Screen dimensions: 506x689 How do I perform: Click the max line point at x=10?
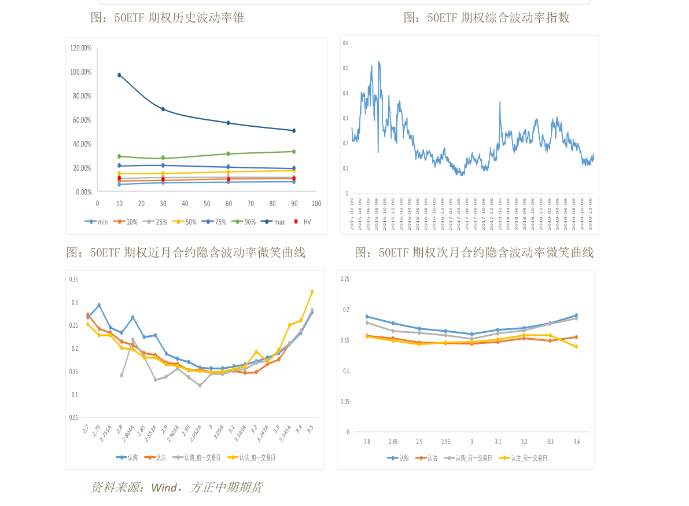[119, 75]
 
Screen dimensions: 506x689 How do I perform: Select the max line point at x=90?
[294, 130]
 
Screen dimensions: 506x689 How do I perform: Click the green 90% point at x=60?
[229, 153]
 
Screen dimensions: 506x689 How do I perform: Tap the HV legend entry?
[304, 222]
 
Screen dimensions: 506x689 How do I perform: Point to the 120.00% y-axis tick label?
[81, 48]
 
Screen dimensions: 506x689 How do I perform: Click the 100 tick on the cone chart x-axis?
[316, 204]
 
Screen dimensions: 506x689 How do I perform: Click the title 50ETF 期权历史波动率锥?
[168, 18]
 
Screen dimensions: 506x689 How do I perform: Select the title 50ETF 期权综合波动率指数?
[487, 18]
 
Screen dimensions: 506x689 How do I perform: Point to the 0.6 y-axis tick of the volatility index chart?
[345, 43]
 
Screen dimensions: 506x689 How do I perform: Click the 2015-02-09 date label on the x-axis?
[352, 215]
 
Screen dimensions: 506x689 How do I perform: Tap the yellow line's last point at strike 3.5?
[312, 292]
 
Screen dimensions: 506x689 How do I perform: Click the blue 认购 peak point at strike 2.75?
[99, 305]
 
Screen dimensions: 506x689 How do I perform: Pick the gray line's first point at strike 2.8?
[121, 375]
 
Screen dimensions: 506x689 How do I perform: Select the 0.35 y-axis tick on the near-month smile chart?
[73, 280]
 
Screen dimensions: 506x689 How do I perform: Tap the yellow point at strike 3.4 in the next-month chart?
[576, 347]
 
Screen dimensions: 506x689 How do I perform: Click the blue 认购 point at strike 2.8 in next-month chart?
[367, 317]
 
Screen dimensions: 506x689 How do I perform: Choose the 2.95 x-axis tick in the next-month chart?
[445, 442]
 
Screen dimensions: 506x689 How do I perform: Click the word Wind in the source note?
[164, 488]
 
